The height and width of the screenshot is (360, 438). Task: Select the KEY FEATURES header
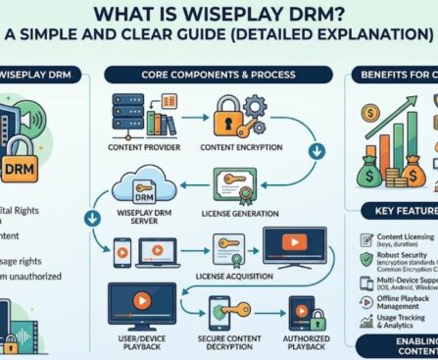click(x=402, y=211)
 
